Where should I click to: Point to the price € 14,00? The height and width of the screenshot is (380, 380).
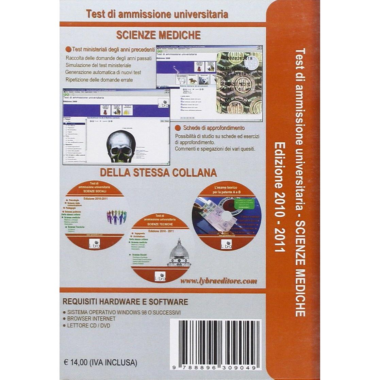click(x=79, y=363)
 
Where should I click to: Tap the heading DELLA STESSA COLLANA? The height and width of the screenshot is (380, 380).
click(x=158, y=172)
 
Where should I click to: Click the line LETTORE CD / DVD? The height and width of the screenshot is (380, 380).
click(x=89, y=326)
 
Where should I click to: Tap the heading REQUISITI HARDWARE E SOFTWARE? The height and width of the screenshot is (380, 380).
click(x=126, y=302)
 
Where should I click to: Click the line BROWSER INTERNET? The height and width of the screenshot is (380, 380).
click(x=91, y=319)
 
